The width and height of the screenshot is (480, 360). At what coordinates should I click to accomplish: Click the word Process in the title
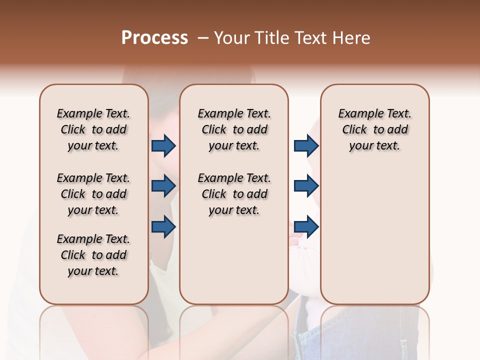[154, 37]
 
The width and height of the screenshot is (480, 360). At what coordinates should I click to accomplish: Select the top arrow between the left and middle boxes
[163, 146]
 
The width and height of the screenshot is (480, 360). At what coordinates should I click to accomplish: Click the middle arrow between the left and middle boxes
[163, 186]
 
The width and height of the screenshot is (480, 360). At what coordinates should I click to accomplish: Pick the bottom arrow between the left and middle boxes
[163, 226]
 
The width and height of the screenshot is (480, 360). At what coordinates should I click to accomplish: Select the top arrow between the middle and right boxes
[306, 146]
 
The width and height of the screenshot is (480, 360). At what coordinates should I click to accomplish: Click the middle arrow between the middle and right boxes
[306, 186]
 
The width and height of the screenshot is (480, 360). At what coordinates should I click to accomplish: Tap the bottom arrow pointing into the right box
[306, 226]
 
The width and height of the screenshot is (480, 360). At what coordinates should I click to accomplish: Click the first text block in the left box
[93, 129]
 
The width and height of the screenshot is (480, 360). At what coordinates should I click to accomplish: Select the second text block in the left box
[93, 194]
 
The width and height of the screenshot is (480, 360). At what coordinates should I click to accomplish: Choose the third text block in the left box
[93, 255]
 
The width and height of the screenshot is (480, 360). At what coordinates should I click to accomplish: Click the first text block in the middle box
[234, 129]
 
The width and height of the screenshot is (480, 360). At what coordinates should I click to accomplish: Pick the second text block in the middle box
[234, 194]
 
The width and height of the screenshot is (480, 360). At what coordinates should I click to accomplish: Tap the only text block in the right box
[375, 129]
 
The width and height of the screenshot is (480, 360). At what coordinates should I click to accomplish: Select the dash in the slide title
[202, 37]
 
